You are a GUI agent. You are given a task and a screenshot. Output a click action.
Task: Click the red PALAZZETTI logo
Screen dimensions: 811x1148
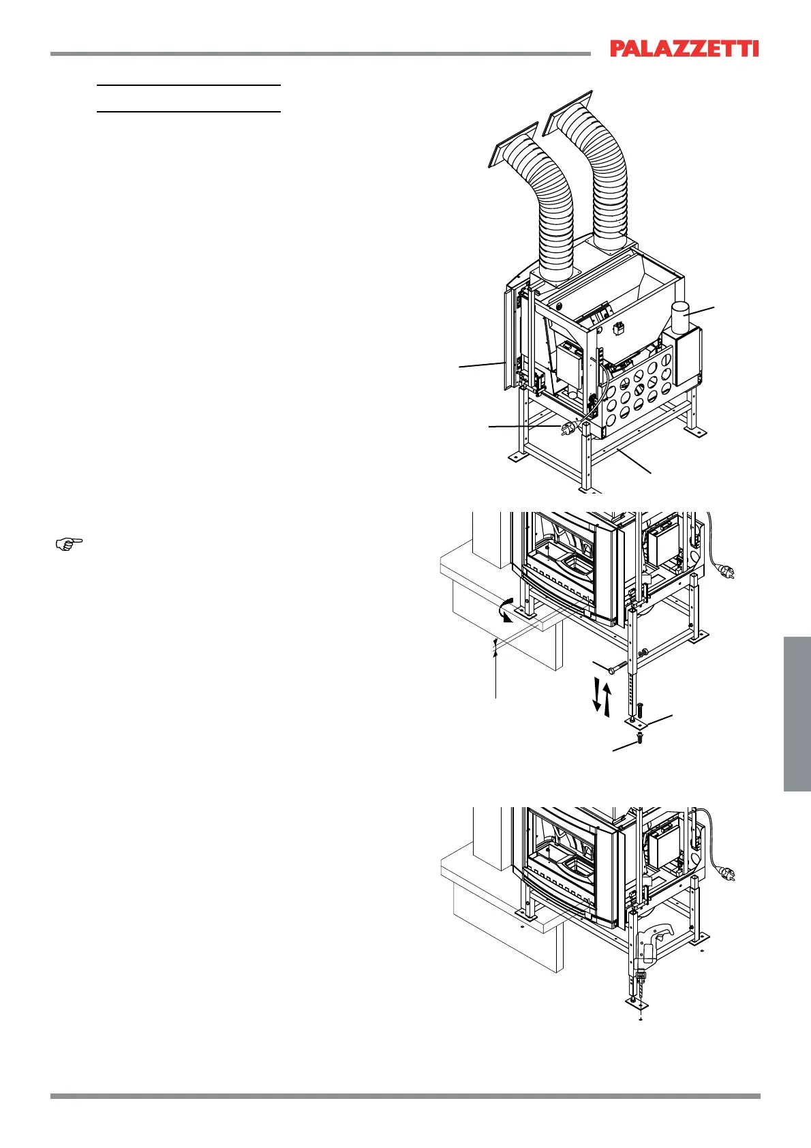684,48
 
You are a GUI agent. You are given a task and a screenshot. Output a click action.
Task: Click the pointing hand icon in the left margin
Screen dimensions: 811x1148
68,543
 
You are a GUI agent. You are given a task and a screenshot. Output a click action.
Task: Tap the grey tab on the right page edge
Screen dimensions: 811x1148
797,713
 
